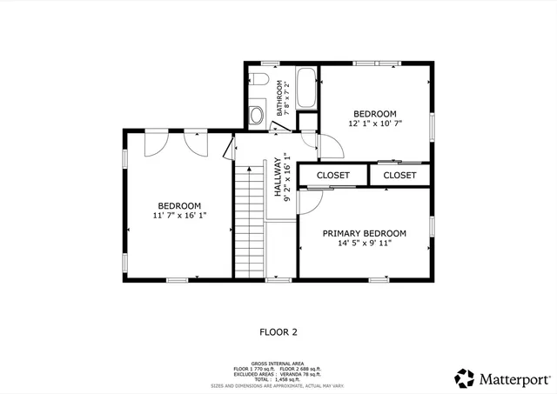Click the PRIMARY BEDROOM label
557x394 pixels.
pyautogui.click(x=364, y=233)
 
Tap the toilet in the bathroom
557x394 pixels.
pyautogui.click(x=259, y=79)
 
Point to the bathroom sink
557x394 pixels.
pyautogui.click(x=257, y=114)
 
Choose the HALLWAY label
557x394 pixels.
pyautogui.click(x=278, y=178)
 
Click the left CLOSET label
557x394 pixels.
pyautogui.click(x=332, y=176)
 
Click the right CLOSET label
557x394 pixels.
pyautogui.click(x=399, y=176)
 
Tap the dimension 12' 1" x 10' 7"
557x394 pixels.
pyautogui.click(x=375, y=124)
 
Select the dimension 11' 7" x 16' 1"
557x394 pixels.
pyautogui.click(x=179, y=216)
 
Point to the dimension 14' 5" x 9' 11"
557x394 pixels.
pyautogui.click(x=364, y=244)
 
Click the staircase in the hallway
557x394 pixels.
pyautogui.click(x=249, y=222)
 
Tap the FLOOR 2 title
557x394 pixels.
pyautogui.click(x=278, y=331)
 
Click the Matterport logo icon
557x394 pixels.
pyautogui.click(x=465, y=378)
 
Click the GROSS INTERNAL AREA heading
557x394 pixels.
pyautogui.click(x=277, y=363)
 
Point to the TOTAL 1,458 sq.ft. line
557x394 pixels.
pyautogui.click(x=278, y=379)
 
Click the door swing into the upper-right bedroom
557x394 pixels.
pyautogui.click(x=324, y=147)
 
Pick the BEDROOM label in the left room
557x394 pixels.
pyautogui.click(x=179, y=206)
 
